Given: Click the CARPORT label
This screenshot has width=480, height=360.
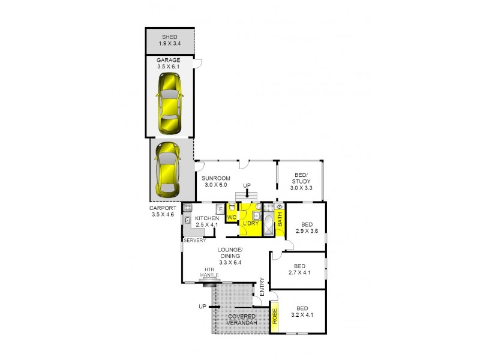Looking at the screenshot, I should pyautogui.click(x=162, y=208).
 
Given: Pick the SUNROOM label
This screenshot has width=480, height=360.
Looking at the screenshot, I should pyautogui.click(x=215, y=179).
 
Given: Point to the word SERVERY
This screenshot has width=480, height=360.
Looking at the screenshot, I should pyautogui.click(x=195, y=240).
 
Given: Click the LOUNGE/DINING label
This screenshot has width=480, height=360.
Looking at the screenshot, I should pyautogui.click(x=230, y=253).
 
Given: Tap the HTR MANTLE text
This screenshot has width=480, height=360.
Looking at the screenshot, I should pyautogui.click(x=210, y=273).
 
